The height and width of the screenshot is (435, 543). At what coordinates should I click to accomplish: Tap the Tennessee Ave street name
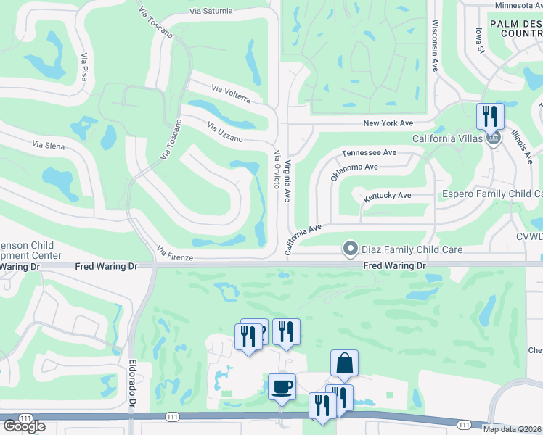370,153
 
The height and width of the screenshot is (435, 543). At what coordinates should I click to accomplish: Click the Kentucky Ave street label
387,196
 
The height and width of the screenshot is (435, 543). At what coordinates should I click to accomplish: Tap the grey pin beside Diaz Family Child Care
350,249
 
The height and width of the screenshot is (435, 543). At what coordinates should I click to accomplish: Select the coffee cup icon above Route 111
282,386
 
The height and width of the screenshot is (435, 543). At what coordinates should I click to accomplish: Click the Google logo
24,426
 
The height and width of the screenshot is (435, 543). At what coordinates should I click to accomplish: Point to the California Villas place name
446,138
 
